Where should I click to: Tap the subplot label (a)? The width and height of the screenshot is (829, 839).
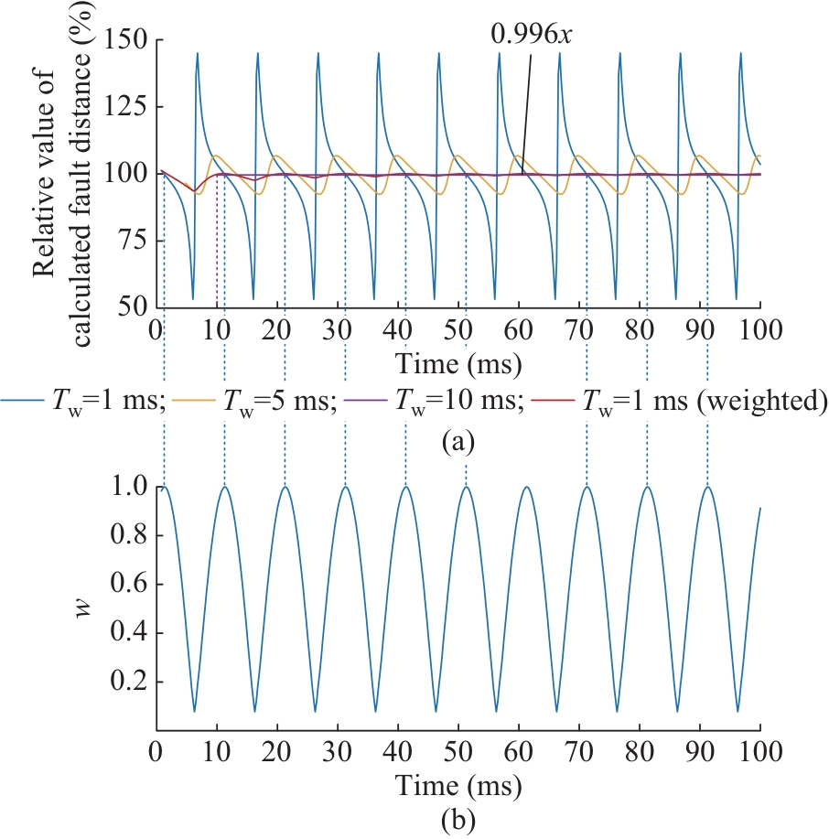[458, 442]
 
